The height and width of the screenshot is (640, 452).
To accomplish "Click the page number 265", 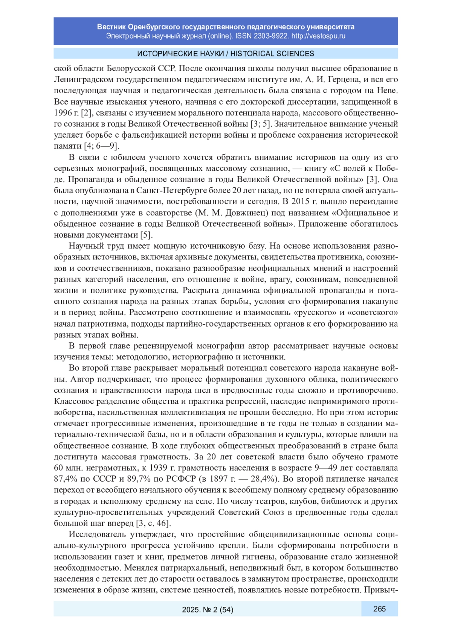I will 379,609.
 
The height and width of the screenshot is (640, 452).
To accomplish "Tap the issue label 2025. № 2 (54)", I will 208,609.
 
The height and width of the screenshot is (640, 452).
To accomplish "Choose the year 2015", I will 302,201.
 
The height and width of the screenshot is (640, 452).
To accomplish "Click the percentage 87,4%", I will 65,479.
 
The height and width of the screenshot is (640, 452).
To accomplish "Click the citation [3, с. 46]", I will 153,523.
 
